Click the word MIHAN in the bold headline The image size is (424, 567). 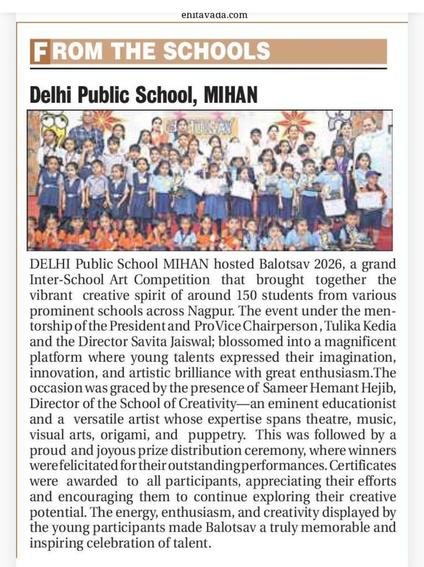[230, 95]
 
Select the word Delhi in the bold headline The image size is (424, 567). [52, 95]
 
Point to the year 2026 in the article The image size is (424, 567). [329, 264]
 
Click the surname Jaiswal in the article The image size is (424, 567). [192, 342]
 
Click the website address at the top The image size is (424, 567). [214, 16]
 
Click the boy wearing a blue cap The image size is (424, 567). [372, 185]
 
